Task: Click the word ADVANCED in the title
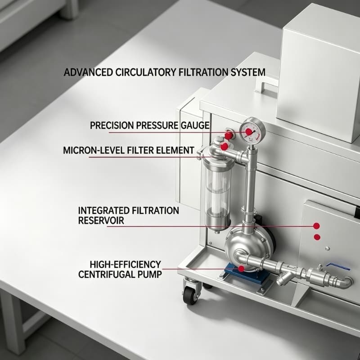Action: coord(88,72)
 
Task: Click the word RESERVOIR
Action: coord(101,220)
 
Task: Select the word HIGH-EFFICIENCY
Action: coord(126,265)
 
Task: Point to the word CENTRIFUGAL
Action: coord(105,274)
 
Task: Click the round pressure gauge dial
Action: coord(252,131)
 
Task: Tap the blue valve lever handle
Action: coord(338,266)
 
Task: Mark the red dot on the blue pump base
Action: coord(241,269)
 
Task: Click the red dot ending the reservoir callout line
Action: coord(316,226)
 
